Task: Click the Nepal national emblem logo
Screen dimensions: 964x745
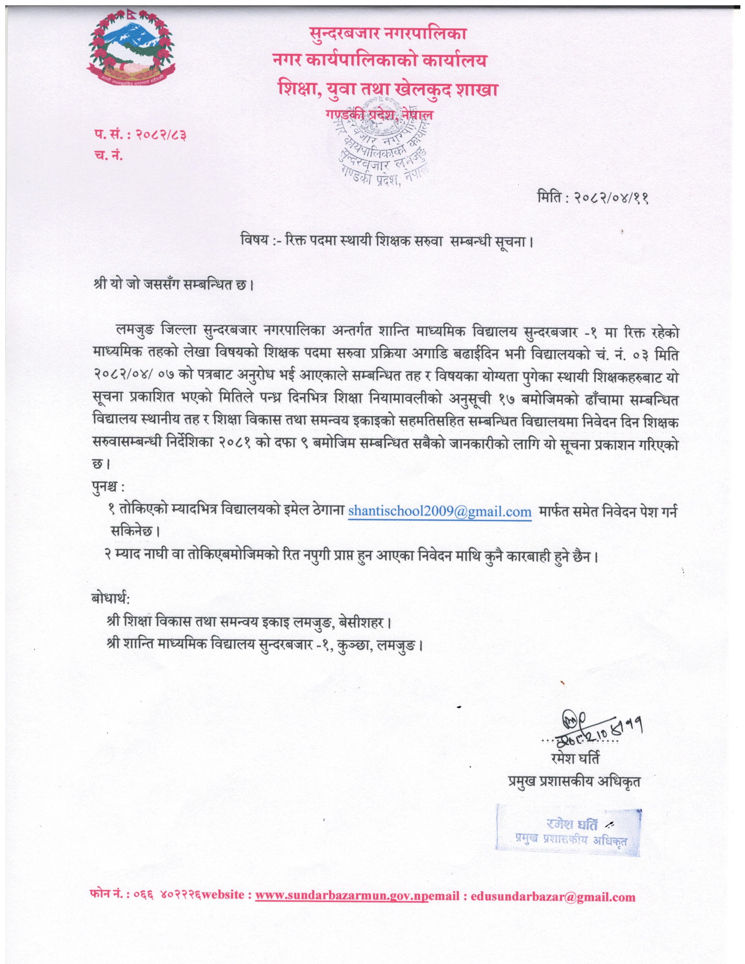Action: (131, 51)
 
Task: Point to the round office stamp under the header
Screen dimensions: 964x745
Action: (380, 146)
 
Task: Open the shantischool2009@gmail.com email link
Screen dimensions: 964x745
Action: (440, 511)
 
